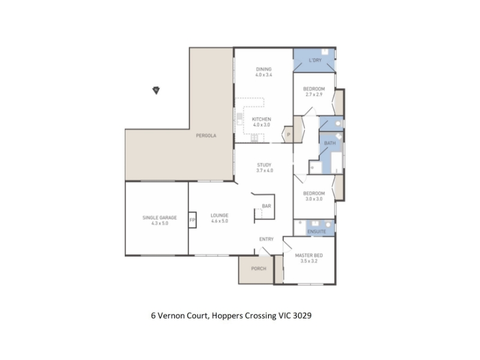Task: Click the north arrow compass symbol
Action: pyautogui.click(x=156, y=91)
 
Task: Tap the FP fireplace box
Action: pyautogui.click(x=192, y=220)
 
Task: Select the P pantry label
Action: pyautogui.click(x=289, y=134)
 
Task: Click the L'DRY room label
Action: pyautogui.click(x=315, y=60)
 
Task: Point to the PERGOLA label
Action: pyautogui.click(x=206, y=136)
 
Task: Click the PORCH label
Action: pyautogui.click(x=259, y=268)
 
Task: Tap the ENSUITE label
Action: pyautogui.click(x=317, y=232)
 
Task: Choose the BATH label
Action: pyautogui.click(x=329, y=143)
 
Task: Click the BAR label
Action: pyautogui.click(x=266, y=206)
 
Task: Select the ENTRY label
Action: pyautogui.click(x=266, y=239)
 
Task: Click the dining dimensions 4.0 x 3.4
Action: pyautogui.click(x=263, y=74)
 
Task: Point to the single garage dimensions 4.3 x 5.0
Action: pyautogui.click(x=160, y=223)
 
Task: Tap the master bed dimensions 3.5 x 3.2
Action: pyautogui.click(x=309, y=261)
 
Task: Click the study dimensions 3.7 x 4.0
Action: pyautogui.click(x=264, y=170)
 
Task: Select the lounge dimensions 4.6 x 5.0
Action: pyautogui.click(x=220, y=221)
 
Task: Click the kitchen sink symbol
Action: pyautogui.click(x=239, y=119)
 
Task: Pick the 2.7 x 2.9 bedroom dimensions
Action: pyautogui.click(x=314, y=95)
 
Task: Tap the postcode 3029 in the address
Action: pyautogui.click(x=302, y=316)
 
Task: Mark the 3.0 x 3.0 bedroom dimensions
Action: pyautogui.click(x=314, y=199)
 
